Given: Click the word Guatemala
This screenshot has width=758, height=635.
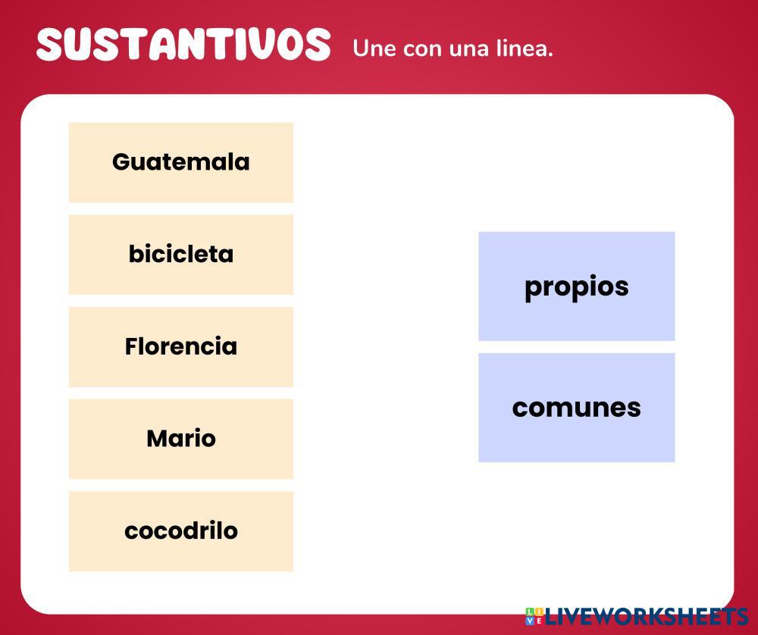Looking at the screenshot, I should click(x=180, y=161).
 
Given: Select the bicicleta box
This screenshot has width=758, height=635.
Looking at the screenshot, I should click(x=180, y=254).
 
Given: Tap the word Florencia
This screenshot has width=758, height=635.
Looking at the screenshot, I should click(x=180, y=346).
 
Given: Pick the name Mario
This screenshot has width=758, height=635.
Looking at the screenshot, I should click(x=180, y=439).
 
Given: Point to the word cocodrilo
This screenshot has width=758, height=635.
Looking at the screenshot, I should click(x=180, y=530).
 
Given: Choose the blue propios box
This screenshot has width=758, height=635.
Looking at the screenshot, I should click(x=576, y=286).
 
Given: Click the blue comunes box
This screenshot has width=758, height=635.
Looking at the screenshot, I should click(x=576, y=408).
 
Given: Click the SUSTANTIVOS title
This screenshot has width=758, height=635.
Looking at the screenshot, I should click(x=183, y=45).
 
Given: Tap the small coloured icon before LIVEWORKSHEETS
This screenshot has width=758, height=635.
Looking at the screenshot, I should click(x=534, y=617).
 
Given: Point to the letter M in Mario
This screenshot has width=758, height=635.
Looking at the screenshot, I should click(x=157, y=439).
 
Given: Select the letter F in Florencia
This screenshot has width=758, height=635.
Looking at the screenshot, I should click(x=130, y=346).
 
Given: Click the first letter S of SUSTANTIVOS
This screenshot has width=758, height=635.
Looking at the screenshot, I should click(x=49, y=45).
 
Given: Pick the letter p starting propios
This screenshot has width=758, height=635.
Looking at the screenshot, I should click(x=533, y=289).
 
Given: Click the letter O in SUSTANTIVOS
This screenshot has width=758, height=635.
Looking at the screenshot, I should click(x=287, y=45).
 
